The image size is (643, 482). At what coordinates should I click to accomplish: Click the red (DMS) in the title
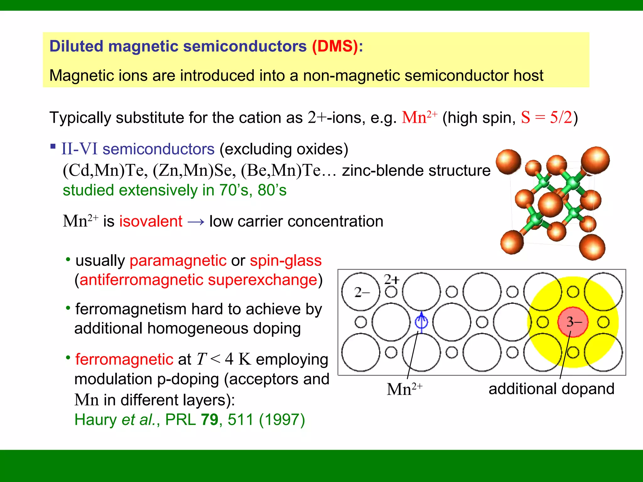pos(335,46)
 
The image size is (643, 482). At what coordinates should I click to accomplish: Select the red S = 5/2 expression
pos(547,118)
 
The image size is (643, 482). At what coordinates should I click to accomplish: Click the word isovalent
pos(151,221)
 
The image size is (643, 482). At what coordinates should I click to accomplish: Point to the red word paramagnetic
pos(178,260)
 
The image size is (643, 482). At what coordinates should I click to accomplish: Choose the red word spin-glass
pos(286,260)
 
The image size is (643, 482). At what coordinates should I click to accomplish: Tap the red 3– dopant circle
pos(573,322)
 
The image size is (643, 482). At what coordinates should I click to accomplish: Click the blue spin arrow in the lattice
pos(421,321)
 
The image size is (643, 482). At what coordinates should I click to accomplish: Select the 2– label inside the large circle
pos(361,292)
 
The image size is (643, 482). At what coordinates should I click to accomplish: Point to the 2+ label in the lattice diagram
pos(392,279)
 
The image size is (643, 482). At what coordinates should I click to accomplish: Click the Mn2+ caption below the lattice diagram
pos(404,389)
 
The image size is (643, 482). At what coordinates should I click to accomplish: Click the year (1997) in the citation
pos(282,420)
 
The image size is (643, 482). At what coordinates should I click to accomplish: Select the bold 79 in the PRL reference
pos(209,420)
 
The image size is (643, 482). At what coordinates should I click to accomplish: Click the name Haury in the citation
pos(95,420)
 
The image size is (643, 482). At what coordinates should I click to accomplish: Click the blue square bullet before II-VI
pos(53,146)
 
